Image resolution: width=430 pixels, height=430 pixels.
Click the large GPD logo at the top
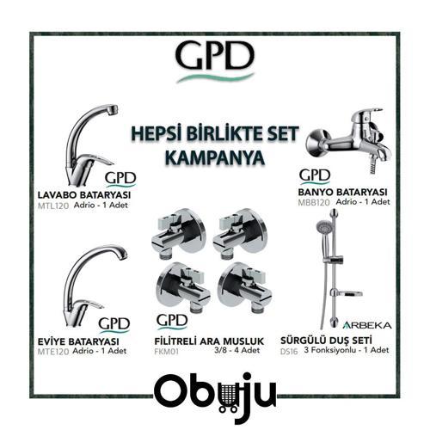(x=215, y=56)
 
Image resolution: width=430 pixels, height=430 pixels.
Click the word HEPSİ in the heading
(x=152, y=134)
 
